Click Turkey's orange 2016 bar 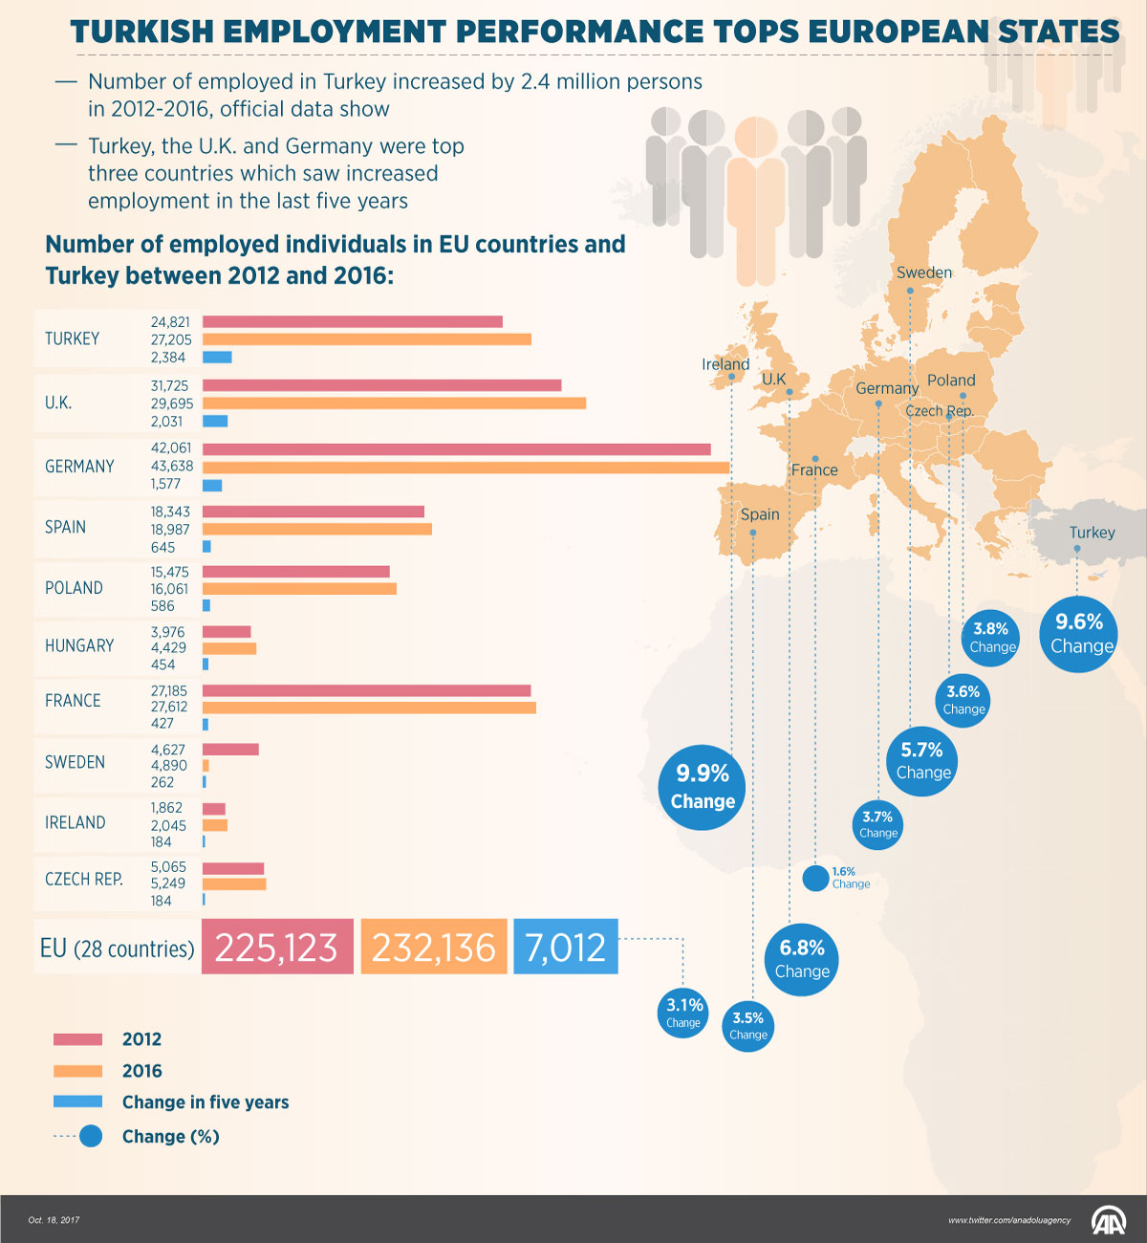(x=366, y=339)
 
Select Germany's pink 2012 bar (x=456, y=449)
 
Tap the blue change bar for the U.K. (x=215, y=421)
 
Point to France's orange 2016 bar (x=369, y=708)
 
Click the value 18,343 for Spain (x=170, y=512)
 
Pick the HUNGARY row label (x=79, y=646)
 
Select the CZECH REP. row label (x=84, y=880)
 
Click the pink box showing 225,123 (x=277, y=948)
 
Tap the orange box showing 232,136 (x=434, y=948)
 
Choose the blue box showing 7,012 (x=566, y=948)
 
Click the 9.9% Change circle (x=703, y=787)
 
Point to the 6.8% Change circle (x=801, y=959)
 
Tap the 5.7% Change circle (x=922, y=761)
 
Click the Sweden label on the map (x=924, y=273)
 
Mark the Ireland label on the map (x=725, y=364)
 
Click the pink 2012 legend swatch (x=77, y=1039)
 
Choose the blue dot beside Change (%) (x=91, y=1136)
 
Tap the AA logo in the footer (x=1110, y=1221)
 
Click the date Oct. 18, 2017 (x=54, y=1220)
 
